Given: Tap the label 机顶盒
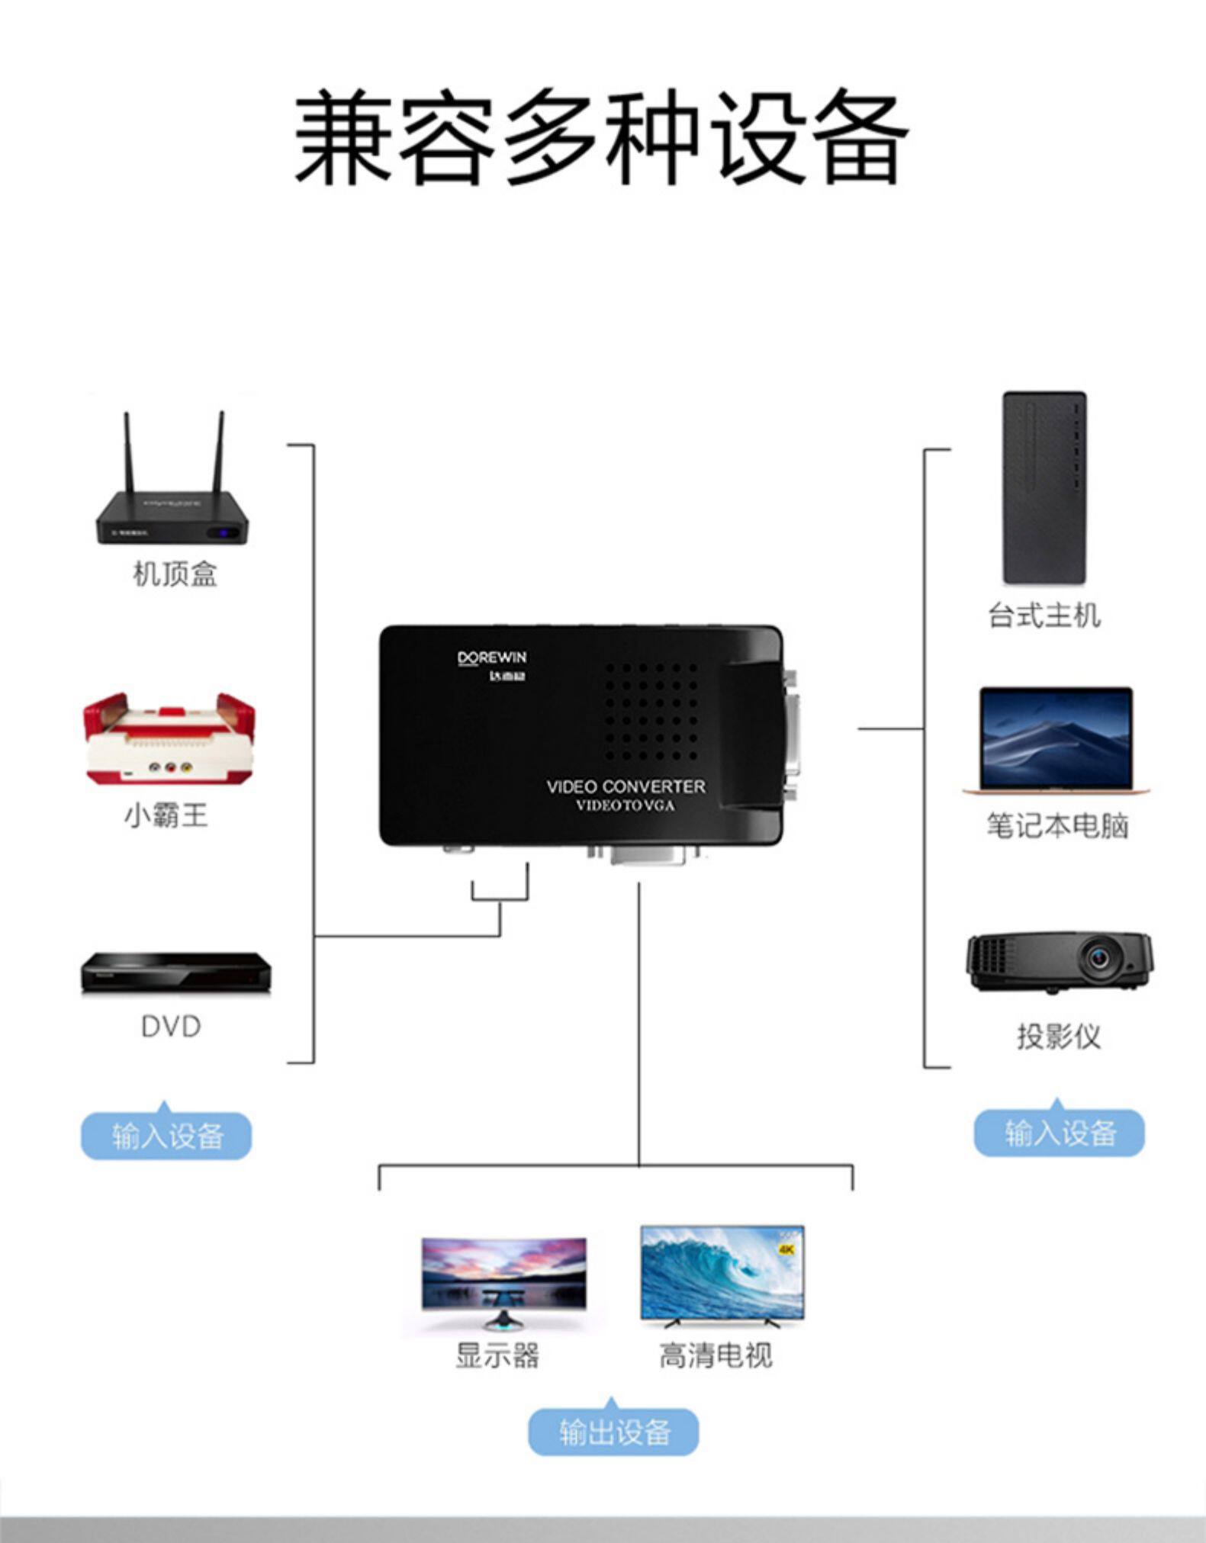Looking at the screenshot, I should tap(175, 574).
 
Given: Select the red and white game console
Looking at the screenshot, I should tap(170, 738).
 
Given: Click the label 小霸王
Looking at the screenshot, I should tap(166, 815).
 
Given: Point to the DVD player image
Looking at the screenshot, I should tap(176, 972).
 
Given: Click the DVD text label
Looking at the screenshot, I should tap(171, 1027).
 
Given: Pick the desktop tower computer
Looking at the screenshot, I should tap(1044, 488).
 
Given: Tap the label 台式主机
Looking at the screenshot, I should tap(1044, 616).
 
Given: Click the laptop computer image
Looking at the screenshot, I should tap(1056, 741).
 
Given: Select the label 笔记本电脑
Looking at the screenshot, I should tap(1056, 826).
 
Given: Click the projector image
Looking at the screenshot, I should tap(1060, 963).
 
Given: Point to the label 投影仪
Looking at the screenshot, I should tap(1059, 1037).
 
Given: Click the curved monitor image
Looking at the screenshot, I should tap(503, 1281).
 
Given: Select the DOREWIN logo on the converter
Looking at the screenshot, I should tap(492, 658).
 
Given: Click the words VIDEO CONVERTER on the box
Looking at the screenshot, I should tap(626, 786).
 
